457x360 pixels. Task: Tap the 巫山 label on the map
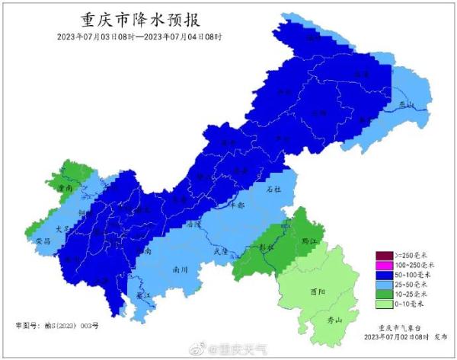click(409, 104)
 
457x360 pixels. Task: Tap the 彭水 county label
click(266, 247)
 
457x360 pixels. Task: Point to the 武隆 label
click(222, 250)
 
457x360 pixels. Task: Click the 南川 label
click(180, 269)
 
